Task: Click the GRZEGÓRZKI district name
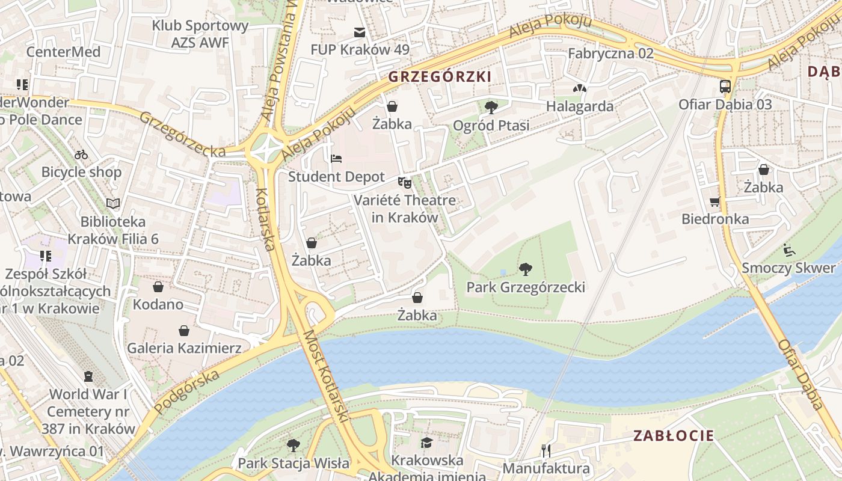coord(440,76)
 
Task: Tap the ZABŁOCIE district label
coord(674,436)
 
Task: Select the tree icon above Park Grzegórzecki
coord(526,268)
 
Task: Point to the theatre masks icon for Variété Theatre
coord(404,181)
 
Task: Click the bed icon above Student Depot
coord(336,159)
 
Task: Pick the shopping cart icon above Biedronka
coord(714,201)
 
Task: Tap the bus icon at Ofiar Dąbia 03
coord(725,86)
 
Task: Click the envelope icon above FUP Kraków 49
coord(360,32)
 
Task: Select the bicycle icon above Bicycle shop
coord(81,155)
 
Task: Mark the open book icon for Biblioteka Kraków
coord(113,203)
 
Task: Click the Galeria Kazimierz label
coord(184,348)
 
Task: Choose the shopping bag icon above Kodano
coord(158,287)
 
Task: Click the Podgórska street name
coord(186,391)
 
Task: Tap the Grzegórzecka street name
coord(182,134)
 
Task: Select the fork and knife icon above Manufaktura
coord(546,450)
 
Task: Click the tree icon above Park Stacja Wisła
coord(293,446)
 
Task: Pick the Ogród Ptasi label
coord(491,126)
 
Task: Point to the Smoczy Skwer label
coord(788,268)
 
